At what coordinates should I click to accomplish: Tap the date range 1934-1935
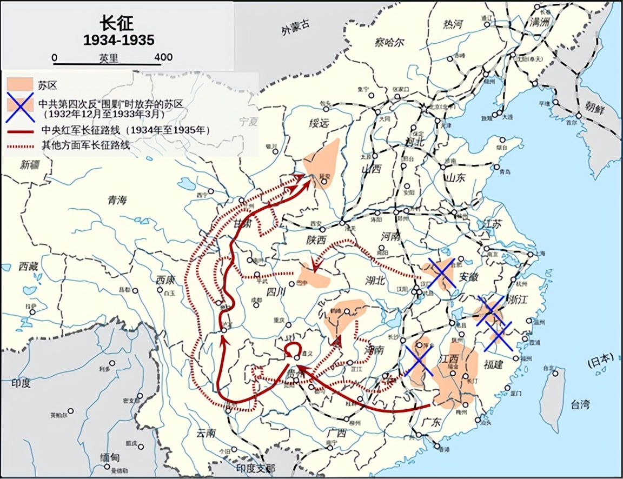point(118,40)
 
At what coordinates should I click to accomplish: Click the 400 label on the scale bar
point(163,57)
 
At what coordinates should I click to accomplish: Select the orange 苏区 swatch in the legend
point(19,84)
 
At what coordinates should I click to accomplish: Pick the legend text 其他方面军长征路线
point(86,144)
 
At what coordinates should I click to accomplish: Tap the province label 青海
point(117,200)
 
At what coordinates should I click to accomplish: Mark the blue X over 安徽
point(441,273)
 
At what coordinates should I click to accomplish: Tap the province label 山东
point(454,177)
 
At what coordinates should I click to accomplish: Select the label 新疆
point(31,165)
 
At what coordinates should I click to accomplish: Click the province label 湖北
point(374,280)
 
